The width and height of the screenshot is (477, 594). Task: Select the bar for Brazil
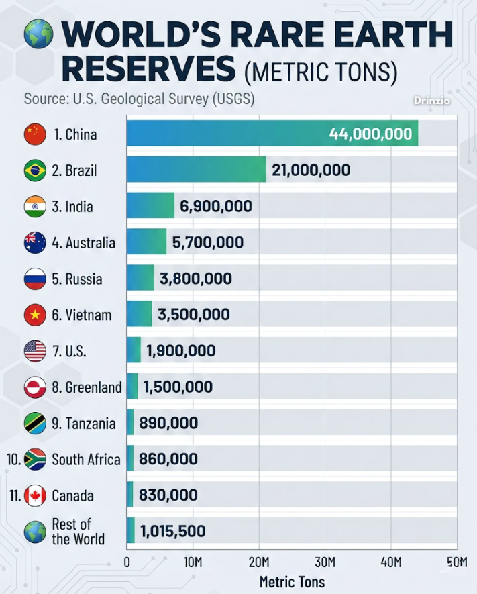click(196, 170)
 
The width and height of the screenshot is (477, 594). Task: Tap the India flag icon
click(35, 206)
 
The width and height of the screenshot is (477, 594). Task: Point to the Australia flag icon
click(35, 242)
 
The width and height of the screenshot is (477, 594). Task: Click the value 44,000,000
click(370, 134)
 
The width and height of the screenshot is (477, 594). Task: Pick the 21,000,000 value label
click(311, 170)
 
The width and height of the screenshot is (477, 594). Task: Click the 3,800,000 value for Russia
click(196, 279)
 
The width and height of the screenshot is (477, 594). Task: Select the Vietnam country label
click(82, 315)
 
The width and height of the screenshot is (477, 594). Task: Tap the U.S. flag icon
click(35, 351)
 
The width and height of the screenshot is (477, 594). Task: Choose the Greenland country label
click(87, 387)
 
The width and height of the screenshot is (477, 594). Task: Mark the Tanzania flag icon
click(35, 424)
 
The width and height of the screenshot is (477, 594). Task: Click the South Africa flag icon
click(35, 460)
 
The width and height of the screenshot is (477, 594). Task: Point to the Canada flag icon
click(35, 496)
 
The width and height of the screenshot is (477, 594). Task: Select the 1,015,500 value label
click(172, 532)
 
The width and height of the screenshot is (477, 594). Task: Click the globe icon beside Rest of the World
click(35, 532)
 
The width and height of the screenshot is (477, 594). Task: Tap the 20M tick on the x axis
click(259, 561)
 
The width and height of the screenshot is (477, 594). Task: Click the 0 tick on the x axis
click(127, 561)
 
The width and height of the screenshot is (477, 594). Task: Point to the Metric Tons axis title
click(292, 581)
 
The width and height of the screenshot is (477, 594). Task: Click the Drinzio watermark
click(431, 101)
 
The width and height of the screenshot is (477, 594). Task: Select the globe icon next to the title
click(38, 34)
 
